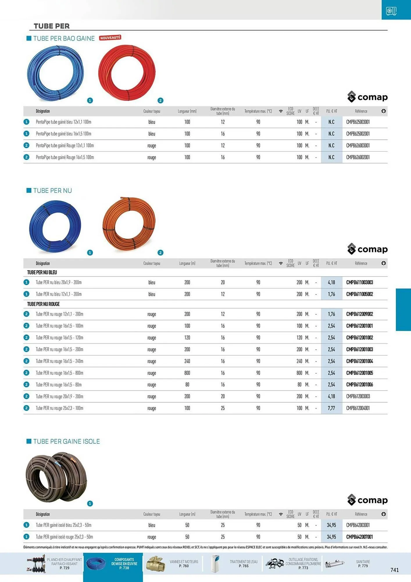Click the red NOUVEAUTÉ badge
[x=110, y=38]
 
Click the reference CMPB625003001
[x=358, y=122]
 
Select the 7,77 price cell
[x=331, y=408]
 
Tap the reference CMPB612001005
[x=360, y=373]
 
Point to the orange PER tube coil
[x=129, y=224]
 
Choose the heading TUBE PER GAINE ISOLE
[x=67, y=441]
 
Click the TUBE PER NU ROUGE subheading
[x=43, y=304]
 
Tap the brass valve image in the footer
[x=155, y=564]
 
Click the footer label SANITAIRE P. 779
[x=363, y=564]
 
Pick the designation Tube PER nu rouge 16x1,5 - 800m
[x=59, y=373]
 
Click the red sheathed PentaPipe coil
[x=127, y=73]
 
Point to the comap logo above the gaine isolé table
[x=367, y=500]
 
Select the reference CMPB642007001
[x=359, y=537]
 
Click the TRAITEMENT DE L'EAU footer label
[x=244, y=564]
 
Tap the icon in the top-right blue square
[x=391, y=11]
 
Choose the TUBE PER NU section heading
[x=52, y=191]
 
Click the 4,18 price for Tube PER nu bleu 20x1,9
[x=331, y=283]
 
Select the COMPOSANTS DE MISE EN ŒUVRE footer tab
[x=124, y=564]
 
